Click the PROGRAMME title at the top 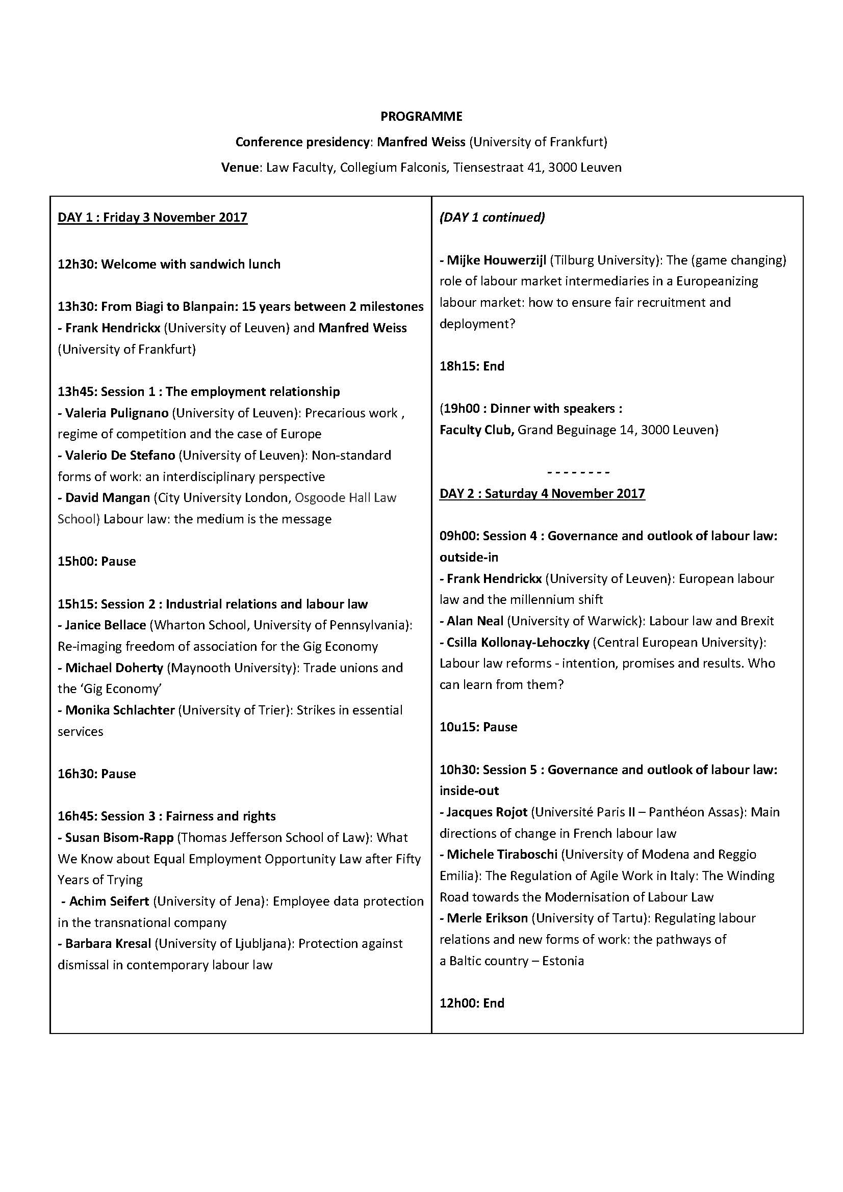421,116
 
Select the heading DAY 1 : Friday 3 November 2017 152,217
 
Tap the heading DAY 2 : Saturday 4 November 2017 542,493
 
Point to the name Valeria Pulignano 116,413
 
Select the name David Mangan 107,498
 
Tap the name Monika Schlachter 119,710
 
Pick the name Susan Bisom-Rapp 119,837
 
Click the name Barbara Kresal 108,943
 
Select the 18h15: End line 472,366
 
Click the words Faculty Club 476,430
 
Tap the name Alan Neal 475,621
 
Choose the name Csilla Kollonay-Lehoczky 517,642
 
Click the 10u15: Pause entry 478,727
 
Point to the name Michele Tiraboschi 502,854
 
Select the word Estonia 563,961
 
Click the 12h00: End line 472,1003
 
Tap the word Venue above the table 240,168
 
